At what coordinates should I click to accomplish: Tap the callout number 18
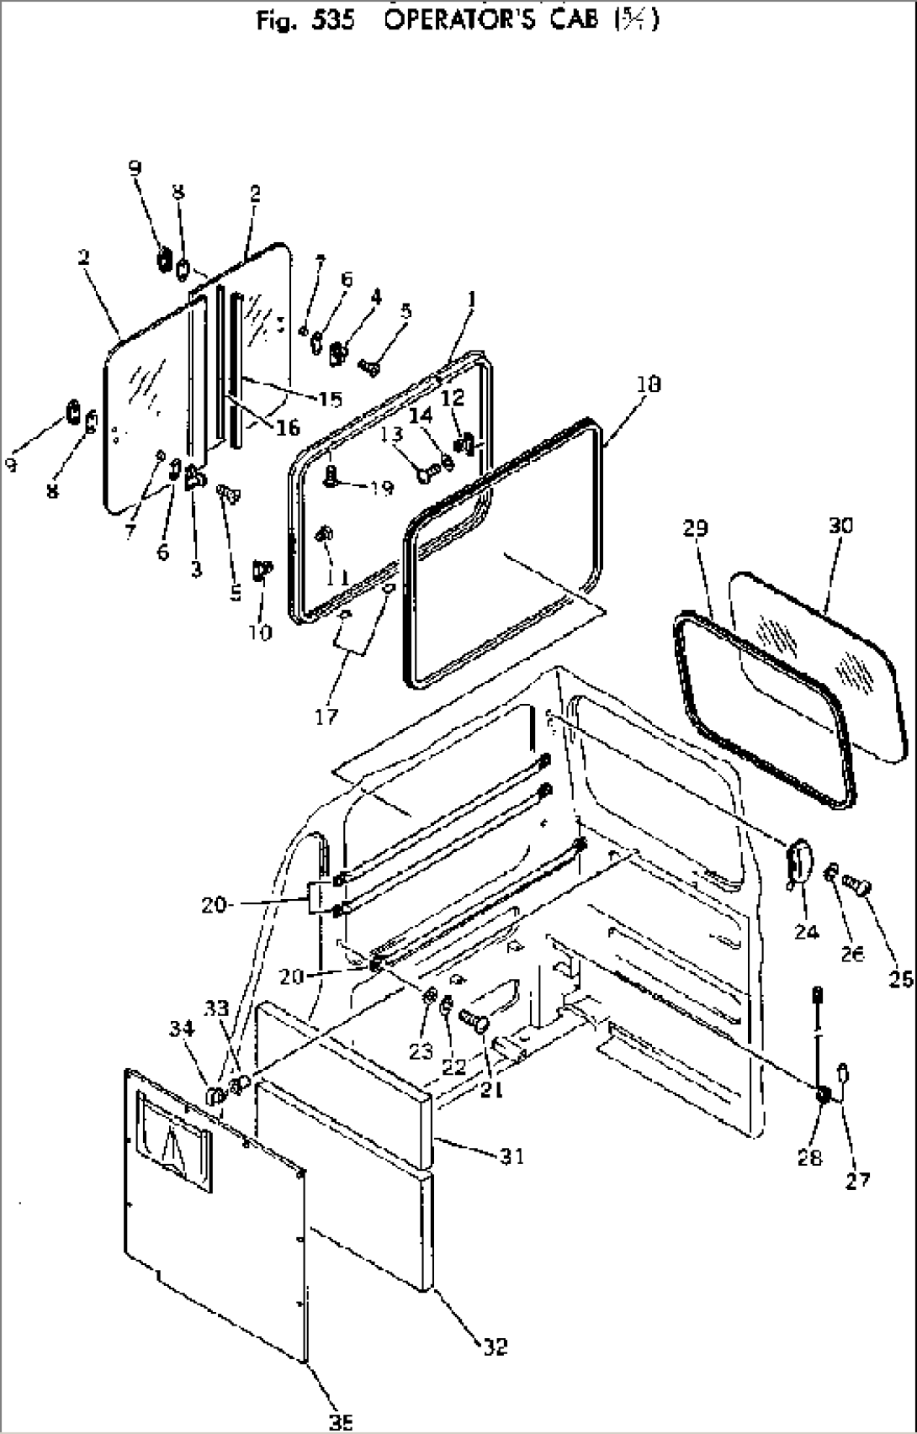pyautogui.click(x=649, y=384)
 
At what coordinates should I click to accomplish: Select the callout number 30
pyautogui.click(x=840, y=526)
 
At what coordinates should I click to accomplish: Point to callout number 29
pyautogui.click(x=696, y=528)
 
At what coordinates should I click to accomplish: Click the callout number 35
pyautogui.click(x=340, y=1421)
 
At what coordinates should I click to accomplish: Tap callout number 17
pyautogui.click(x=326, y=716)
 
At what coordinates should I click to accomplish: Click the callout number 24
pyautogui.click(x=806, y=931)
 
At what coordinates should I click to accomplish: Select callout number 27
pyautogui.click(x=857, y=1180)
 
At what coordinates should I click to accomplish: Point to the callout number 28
pyautogui.click(x=809, y=1157)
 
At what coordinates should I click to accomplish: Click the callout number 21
pyautogui.click(x=491, y=1088)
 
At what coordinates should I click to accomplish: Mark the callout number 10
pyautogui.click(x=261, y=632)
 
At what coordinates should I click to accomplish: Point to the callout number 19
pyautogui.click(x=382, y=487)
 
